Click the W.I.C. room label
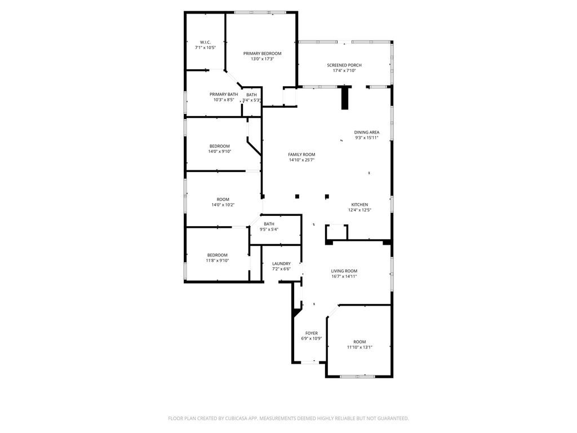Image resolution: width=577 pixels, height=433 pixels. [x=205, y=42]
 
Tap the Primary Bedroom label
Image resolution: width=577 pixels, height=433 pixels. [x=263, y=54]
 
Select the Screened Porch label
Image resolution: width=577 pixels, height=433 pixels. [x=344, y=65]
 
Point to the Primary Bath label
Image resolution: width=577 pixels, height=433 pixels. [x=224, y=94]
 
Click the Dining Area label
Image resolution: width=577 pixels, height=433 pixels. [x=367, y=132]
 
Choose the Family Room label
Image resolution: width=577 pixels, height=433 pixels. [x=302, y=154]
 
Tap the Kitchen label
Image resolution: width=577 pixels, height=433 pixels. [x=359, y=205]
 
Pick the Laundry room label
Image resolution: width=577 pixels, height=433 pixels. [x=282, y=264]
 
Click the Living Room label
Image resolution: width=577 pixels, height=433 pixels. [x=344, y=271]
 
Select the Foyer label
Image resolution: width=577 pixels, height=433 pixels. [x=312, y=333]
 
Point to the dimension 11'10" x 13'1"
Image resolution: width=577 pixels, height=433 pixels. [x=360, y=347]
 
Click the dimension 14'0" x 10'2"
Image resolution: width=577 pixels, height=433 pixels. [x=223, y=205]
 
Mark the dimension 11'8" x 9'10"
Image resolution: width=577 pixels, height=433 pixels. [x=218, y=260]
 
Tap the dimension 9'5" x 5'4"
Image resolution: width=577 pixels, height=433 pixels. [x=269, y=229]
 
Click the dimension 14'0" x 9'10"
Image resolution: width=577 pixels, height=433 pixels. [x=220, y=151]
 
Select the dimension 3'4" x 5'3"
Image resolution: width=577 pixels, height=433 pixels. [x=252, y=100]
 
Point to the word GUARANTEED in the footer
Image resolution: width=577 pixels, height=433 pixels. [x=394, y=418]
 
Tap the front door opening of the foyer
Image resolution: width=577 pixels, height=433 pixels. [x=310, y=363]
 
